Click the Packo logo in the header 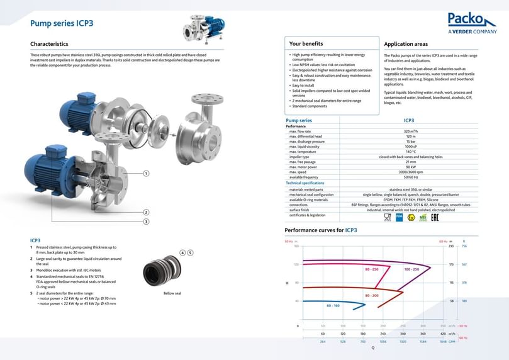pos(472,23)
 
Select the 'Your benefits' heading pos(306,44)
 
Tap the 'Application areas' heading pos(406,44)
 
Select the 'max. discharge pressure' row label pos(307,141)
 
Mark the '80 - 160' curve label pos(333,305)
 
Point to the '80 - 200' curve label pos(372,295)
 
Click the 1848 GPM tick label pos(443,342)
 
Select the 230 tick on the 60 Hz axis pos(450,246)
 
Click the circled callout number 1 pos(146,172)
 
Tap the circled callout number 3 pos(146,222)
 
